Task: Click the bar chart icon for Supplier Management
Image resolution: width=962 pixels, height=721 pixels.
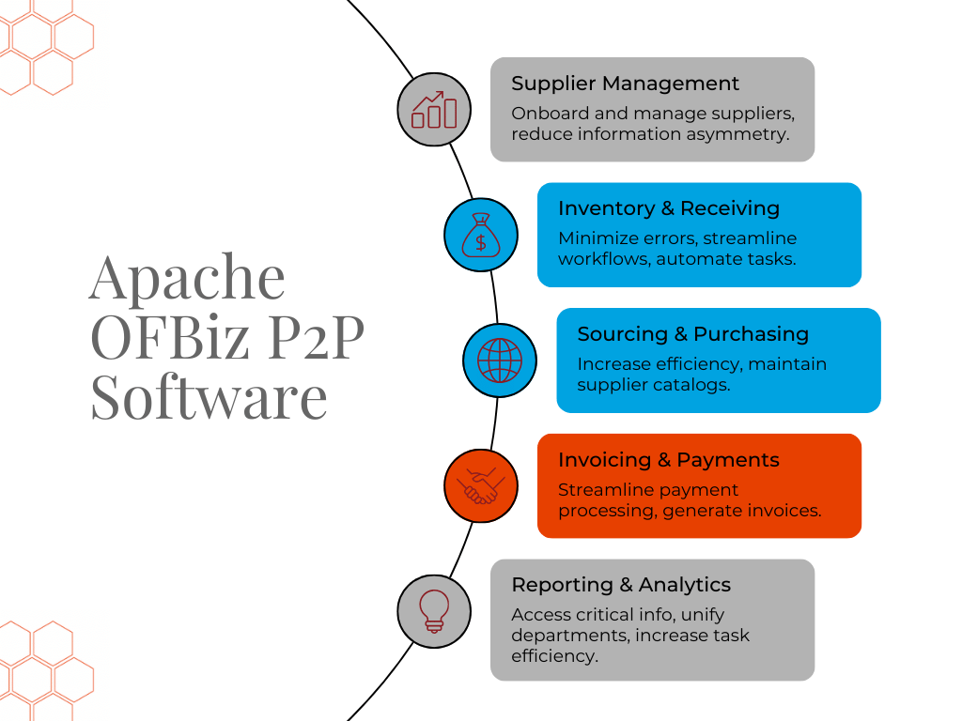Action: coord(434,110)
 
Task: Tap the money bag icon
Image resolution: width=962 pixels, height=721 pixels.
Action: coord(481,235)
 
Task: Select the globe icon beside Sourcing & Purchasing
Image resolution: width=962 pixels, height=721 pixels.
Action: coord(499,360)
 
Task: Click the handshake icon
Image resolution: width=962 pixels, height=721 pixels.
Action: coord(481,485)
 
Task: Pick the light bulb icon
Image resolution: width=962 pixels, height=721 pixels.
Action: coord(434,611)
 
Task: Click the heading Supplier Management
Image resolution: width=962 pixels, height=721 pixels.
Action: coord(625,84)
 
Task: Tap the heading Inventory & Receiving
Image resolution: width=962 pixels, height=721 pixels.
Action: coord(669,208)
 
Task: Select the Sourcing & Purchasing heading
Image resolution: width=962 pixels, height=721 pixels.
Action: coord(692,334)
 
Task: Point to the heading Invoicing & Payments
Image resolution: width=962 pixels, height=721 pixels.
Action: coord(669,460)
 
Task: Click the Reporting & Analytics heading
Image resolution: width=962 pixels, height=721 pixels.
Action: coord(621,585)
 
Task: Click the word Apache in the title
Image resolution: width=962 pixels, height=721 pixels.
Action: coord(187,277)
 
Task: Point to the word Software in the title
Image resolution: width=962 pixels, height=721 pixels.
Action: coord(209,397)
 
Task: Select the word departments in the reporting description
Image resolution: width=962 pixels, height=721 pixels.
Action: coord(569,636)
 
